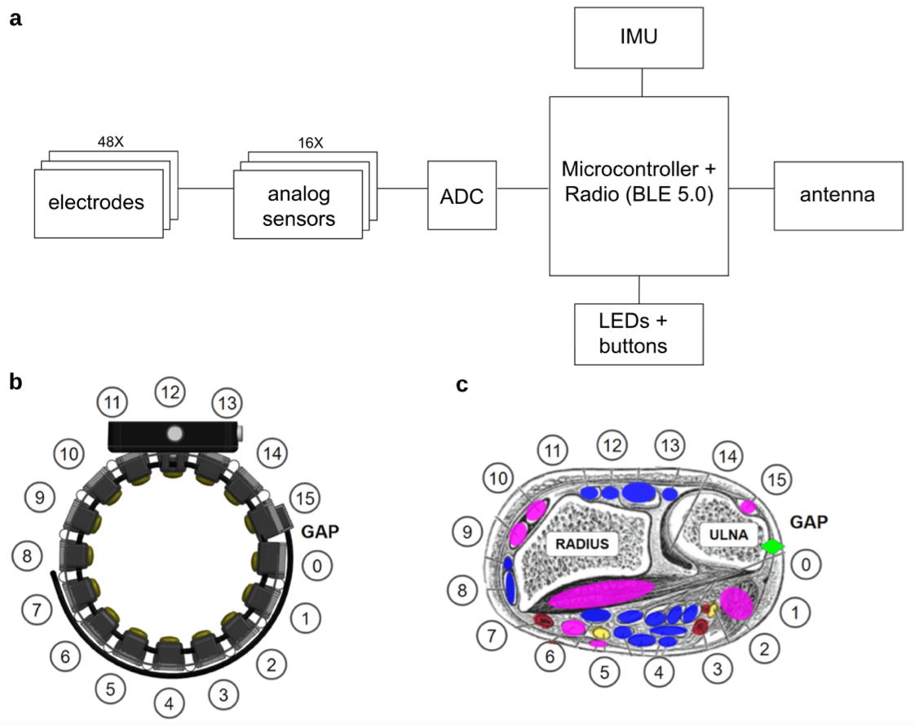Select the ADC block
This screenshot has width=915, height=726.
462,196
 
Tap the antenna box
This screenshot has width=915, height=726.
838,196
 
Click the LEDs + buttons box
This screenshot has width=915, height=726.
638,333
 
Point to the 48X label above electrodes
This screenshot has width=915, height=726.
110,142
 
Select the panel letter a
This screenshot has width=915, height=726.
14,18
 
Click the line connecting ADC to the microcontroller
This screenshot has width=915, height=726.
523,189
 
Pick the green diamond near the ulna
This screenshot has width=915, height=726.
772,547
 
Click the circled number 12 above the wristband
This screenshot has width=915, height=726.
170,393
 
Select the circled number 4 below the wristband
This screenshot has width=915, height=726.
168,702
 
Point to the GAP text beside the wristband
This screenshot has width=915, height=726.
320,531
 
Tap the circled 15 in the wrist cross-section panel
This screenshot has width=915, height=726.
779,481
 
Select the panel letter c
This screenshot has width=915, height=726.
462,384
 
